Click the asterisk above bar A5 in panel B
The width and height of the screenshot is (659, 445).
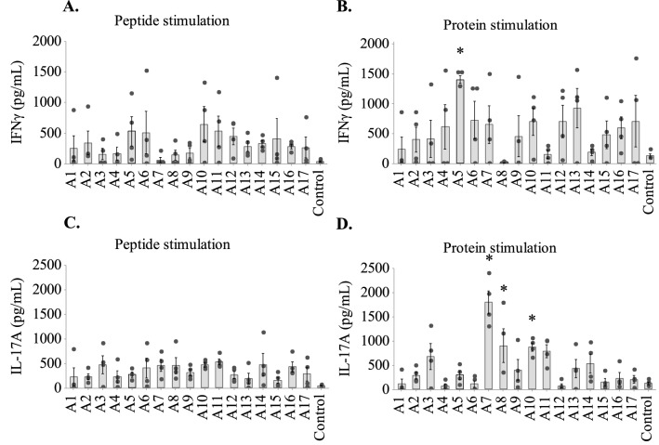pos(460,53)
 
